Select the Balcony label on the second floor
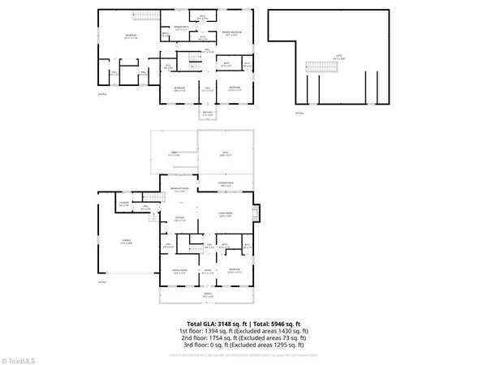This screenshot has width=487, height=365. click(x=208, y=114)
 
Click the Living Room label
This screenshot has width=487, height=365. click(x=226, y=216)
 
